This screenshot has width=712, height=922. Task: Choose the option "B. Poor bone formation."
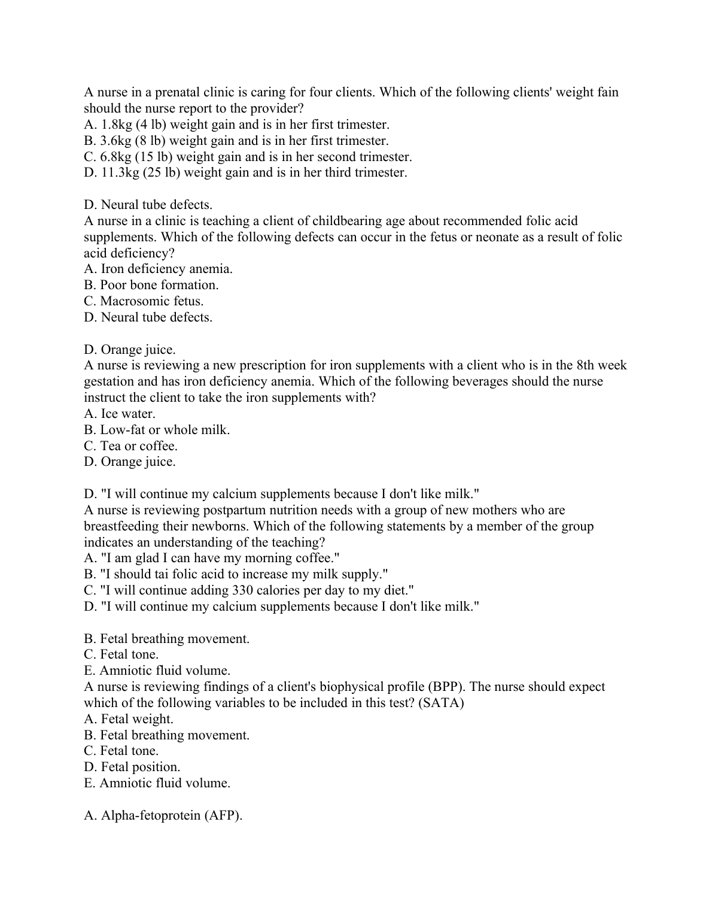pos(151,285)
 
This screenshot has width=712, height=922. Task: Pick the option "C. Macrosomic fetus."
pos(144,301)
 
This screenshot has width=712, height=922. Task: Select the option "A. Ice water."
pos(120,414)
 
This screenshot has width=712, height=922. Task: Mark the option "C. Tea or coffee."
pos(131,446)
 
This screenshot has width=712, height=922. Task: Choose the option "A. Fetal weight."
pos(129,719)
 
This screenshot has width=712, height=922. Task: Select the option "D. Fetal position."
pos(132,767)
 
